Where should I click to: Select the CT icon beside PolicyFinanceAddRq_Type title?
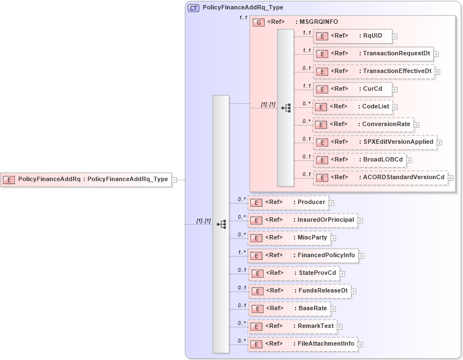pyautogui.click(x=193, y=8)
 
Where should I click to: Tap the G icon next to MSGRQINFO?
pyautogui.click(x=259, y=22)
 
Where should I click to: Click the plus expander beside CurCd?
pyautogui.click(x=395, y=89)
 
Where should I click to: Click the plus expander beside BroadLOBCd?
pyautogui.click(x=409, y=160)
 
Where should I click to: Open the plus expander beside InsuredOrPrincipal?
pyautogui.click(x=360, y=221)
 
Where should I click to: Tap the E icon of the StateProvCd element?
pyautogui.click(x=256, y=273)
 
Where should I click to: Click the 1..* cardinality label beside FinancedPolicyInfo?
pyautogui.click(x=241, y=252)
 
